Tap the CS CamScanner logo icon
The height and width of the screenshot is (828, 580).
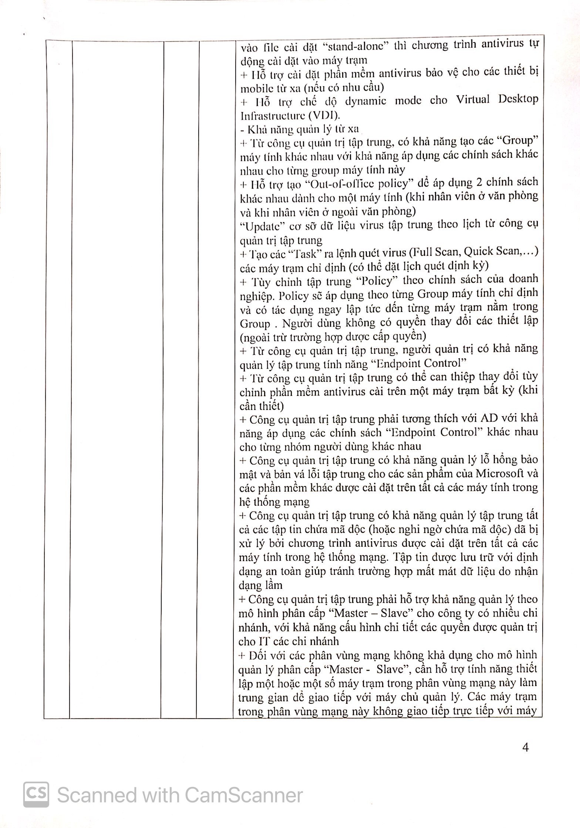[36, 795]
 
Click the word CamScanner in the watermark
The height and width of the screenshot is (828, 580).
[243, 795]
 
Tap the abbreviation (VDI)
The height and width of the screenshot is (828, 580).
[326, 116]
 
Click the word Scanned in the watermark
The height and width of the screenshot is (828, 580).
[97, 795]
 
